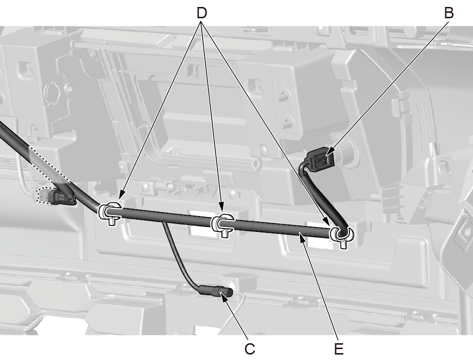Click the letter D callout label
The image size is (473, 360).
pyautogui.click(x=202, y=13)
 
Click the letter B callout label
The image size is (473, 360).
pyautogui.click(x=449, y=13)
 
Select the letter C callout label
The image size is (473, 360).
pyautogui.click(x=250, y=349)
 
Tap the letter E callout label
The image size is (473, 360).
pyautogui.click(x=339, y=349)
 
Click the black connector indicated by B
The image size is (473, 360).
pyautogui.click(x=320, y=159)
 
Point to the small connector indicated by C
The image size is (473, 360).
pyautogui.click(x=215, y=291)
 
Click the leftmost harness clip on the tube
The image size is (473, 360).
pyautogui.click(x=110, y=212)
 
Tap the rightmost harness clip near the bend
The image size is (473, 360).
pyautogui.click(x=342, y=235)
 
